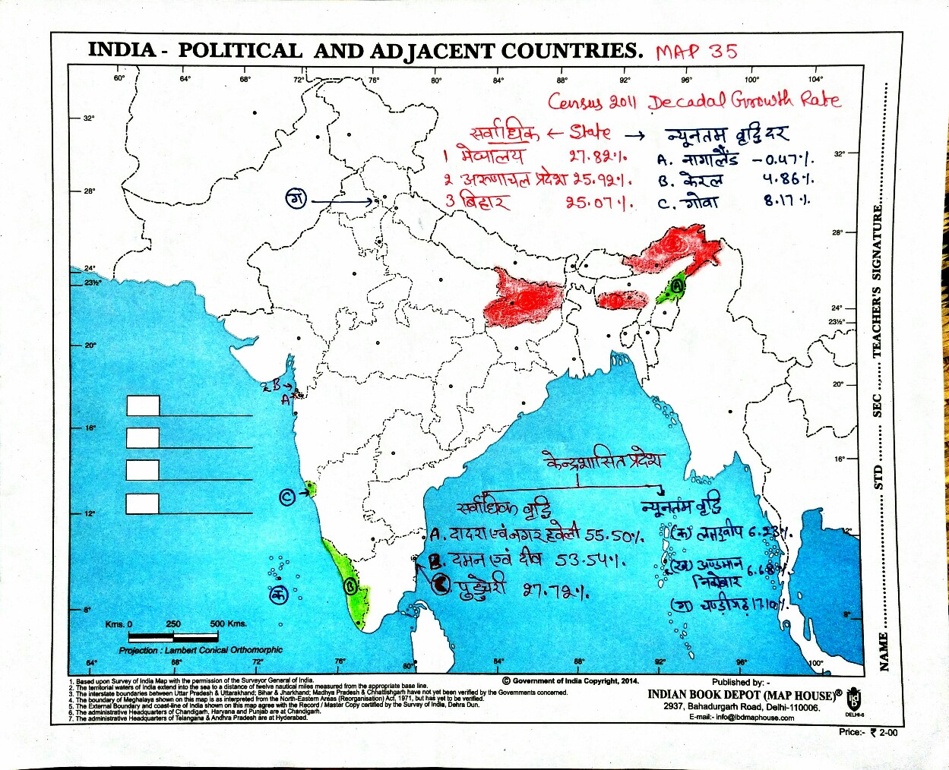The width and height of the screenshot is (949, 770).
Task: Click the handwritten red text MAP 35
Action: tap(696, 52)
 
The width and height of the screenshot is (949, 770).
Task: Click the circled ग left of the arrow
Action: tap(296, 200)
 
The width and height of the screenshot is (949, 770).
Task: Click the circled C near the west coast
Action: tap(287, 497)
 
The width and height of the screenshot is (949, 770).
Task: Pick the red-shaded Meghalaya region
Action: tap(622, 299)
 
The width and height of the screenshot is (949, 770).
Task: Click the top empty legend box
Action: tap(143, 406)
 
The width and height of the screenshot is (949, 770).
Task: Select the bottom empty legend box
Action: tap(143, 503)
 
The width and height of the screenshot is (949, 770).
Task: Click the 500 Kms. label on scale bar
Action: tap(228, 623)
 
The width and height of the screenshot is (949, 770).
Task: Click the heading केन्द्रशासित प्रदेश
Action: tap(604, 460)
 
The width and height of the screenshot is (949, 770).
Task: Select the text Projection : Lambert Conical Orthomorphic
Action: tap(201, 650)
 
